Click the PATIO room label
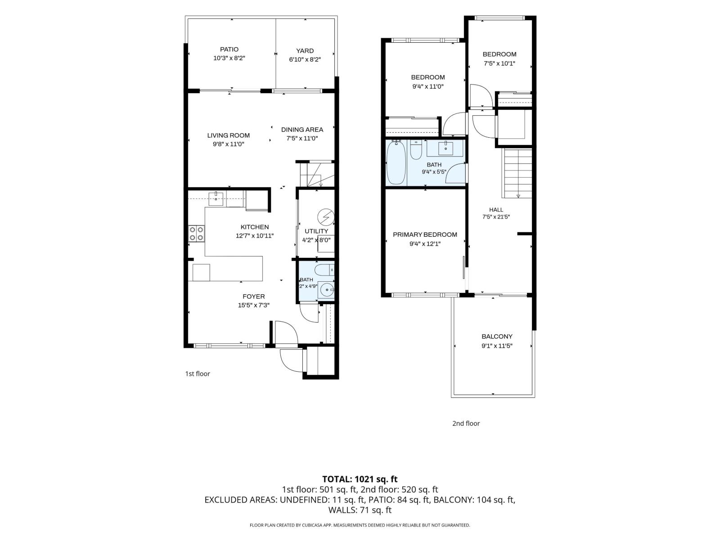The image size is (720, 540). tap(229, 49)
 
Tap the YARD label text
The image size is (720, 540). tap(305, 51)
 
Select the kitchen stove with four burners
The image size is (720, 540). tap(197, 234)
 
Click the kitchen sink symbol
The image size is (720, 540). tap(216, 199)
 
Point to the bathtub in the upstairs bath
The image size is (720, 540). tap(396, 162)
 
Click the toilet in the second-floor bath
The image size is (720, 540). tap(416, 150)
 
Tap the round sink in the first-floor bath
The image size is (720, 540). tap(327, 290)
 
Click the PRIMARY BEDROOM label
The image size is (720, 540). tap(425, 234)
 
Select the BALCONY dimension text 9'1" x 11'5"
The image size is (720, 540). tap(497, 346)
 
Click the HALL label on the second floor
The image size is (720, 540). tap(496, 210)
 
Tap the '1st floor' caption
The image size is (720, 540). tap(198, 373)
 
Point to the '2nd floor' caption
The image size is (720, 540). tap(466, 423)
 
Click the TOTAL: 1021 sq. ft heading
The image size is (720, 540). tap(360, 479)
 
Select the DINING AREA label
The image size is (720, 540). tap(302, 130)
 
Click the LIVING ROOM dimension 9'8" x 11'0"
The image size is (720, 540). tap(228, 144)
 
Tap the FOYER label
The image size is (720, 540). tap(253, 297)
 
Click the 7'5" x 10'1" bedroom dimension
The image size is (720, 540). tap(499, 63)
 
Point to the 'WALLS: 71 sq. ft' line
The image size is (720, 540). tap(360, 510)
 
